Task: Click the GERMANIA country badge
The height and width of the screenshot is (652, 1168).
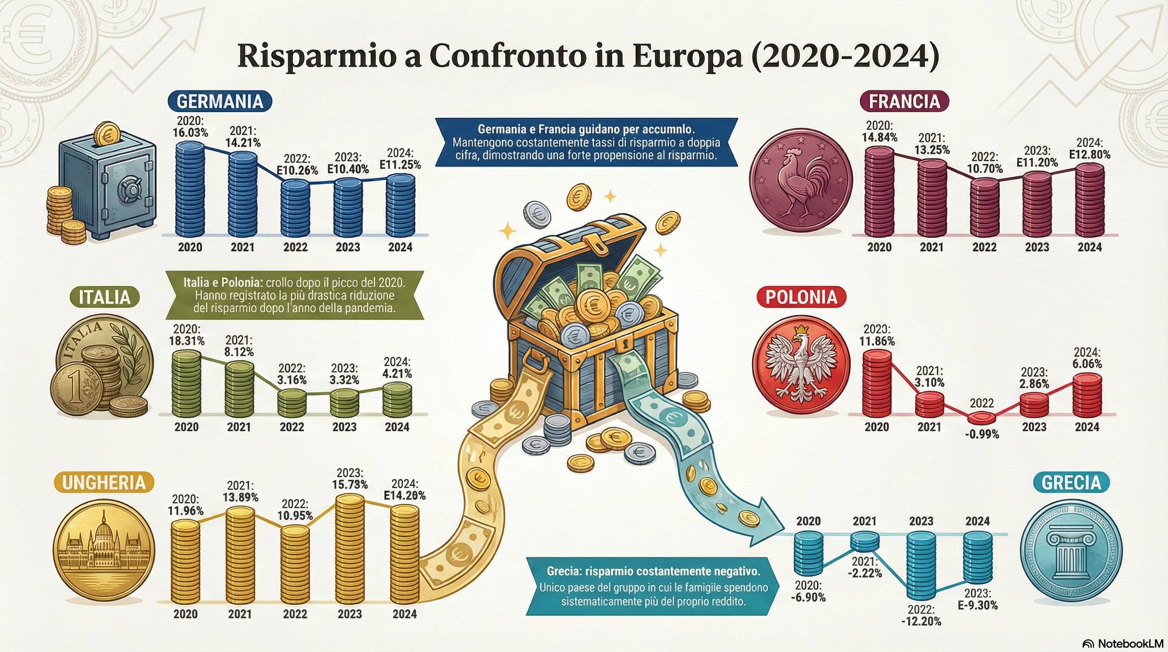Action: [219, 101]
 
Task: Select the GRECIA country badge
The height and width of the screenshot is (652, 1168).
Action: [1071, 483]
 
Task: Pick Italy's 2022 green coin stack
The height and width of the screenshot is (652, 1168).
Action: [292, 403]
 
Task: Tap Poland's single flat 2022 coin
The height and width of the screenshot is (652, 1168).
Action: [982, 417]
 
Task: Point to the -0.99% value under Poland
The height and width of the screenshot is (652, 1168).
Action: [982, 434]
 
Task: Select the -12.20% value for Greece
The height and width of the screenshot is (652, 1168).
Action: [921, 621]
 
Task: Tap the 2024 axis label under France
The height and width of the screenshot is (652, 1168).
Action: [1089, 247]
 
